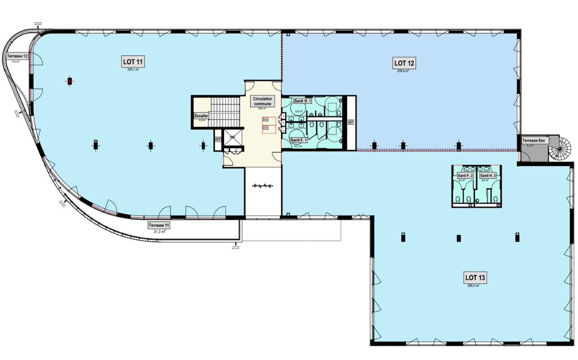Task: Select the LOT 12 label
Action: click(x=404, y=63)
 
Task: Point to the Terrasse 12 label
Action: click(x=17, y=56)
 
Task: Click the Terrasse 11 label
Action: click(x=159, y=225)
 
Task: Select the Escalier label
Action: click(x=201, y=116)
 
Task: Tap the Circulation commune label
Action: click(x=262, y=101)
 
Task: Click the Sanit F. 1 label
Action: click(x=299, y=140)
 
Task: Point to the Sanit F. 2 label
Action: click(x=465, y=175)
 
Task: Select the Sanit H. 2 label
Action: click(x=488, y=175)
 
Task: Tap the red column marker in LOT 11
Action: click(x=70, y=81)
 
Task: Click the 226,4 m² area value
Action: click(x=403, y=71)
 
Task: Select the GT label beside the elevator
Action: click(x=218, y=140)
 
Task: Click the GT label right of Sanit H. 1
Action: click(x=350, y=122)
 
